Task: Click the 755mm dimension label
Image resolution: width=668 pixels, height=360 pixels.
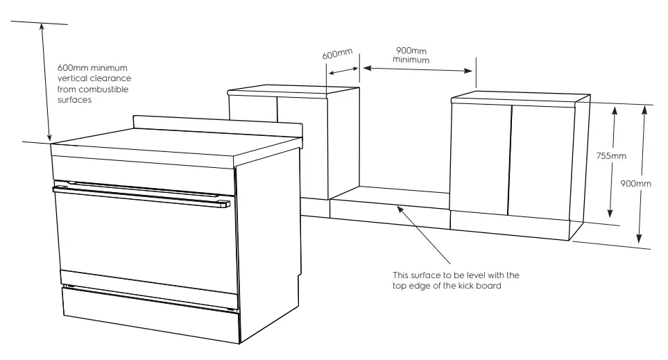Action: pyautogui.click(x=610, y=156)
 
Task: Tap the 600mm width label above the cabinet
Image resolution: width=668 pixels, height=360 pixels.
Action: pyautogui.click(x=338, y=53)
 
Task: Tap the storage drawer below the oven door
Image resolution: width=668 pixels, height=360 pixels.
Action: pyautogui.click(x=149, y=308)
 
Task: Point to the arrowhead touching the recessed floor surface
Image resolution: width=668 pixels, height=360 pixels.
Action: pyautogui.click(x=397, y=206)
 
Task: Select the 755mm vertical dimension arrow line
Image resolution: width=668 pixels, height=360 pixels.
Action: pyautogui.click(x=612, y=187)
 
